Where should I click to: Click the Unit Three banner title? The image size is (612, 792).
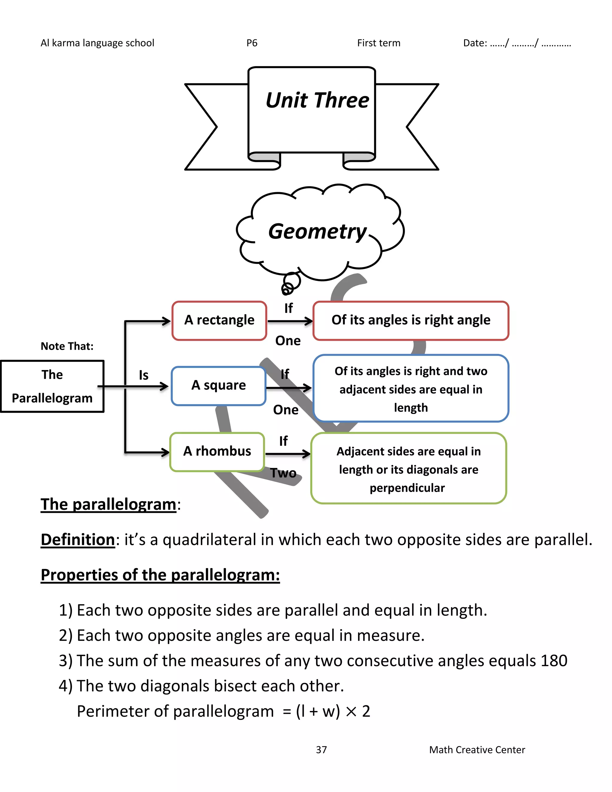click(x=317, y=100)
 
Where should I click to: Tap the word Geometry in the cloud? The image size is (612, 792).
click(x=317, y=232)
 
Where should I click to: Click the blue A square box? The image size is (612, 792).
click(x=219, y=386)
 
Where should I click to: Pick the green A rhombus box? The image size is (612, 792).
click(x=217, y=452)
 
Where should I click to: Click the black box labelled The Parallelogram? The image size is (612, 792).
click(x=52, y=386)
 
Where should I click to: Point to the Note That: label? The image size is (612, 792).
click(x=67, y=346)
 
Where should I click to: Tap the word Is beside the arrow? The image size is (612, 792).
click(x=143, y=375)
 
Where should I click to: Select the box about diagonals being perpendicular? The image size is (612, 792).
click(x=408, y=469)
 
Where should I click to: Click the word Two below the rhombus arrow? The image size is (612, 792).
click(x=283, y=473)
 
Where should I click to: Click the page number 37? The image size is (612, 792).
click(x=321, y=750)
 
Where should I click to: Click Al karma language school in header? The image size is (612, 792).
click(x=97, y=43)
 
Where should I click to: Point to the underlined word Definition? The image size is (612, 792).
click(x=78, y=539)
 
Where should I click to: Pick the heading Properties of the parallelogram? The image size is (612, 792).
click(x=160, y=575)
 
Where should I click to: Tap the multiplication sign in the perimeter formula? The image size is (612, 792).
click(x=351, y=712)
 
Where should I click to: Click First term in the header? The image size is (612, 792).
click(x=379, y=43)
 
